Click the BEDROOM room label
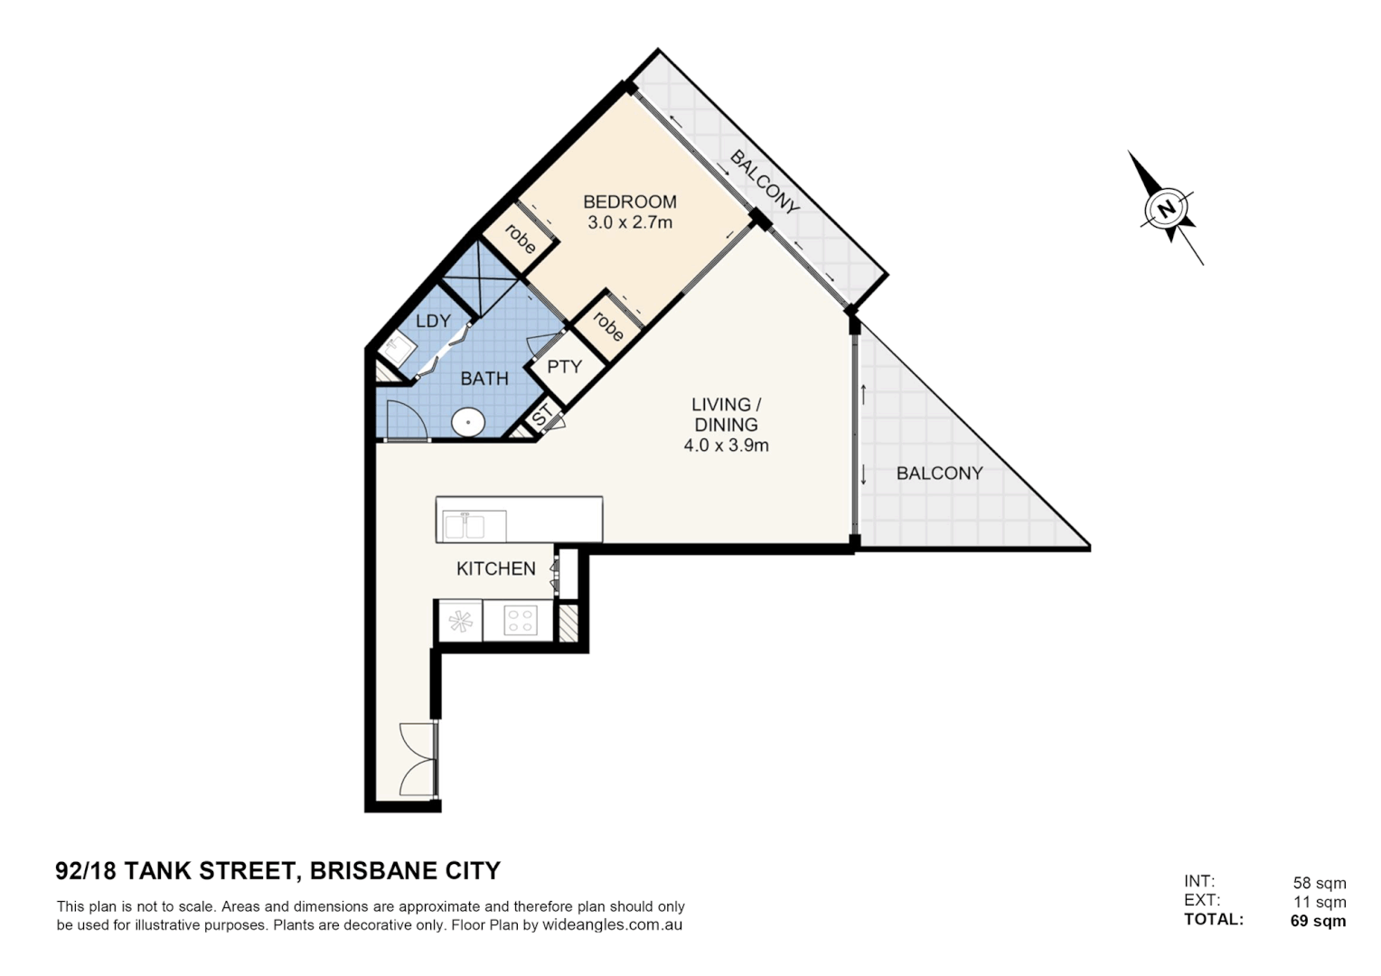click(629, 202)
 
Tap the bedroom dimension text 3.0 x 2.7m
click(629, 222)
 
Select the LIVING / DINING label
click(726, 414)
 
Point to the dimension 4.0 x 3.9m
click(726, 445)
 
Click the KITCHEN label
click(495, 568)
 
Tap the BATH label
click(484, 379)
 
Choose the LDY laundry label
click(433, 321)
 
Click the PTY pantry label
click(564, 367)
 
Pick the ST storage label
click(542, 416)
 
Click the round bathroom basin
click(468, 421)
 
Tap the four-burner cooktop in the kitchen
click(520, 621)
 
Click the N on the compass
click(1167, 209)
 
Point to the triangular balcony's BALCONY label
click(939, 473)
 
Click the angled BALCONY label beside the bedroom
click(765, 183)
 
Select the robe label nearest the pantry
click(607, 325)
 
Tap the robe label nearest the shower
click(520, 238)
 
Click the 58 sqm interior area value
click(1319, 883)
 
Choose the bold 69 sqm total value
click(1318, 921)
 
